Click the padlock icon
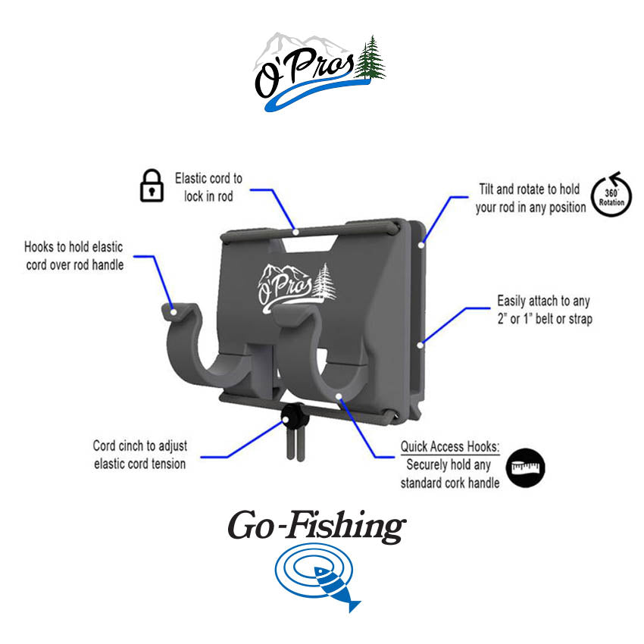152,186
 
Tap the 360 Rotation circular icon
611,195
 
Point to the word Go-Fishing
316,527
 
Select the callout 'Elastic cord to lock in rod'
208,186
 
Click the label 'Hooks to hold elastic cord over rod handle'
73,255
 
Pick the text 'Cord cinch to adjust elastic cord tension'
139,455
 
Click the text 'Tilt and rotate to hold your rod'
530,197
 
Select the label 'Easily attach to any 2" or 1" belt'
544,310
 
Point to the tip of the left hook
174,310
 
